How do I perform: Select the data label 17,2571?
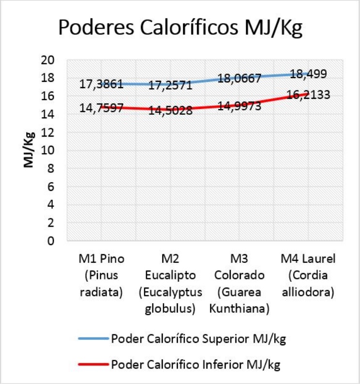coord(171,85)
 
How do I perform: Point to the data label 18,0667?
coord(239,77)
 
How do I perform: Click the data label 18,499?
coord(308,74)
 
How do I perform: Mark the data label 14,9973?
coord(239,106)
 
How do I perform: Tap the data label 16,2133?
coord(308,94)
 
